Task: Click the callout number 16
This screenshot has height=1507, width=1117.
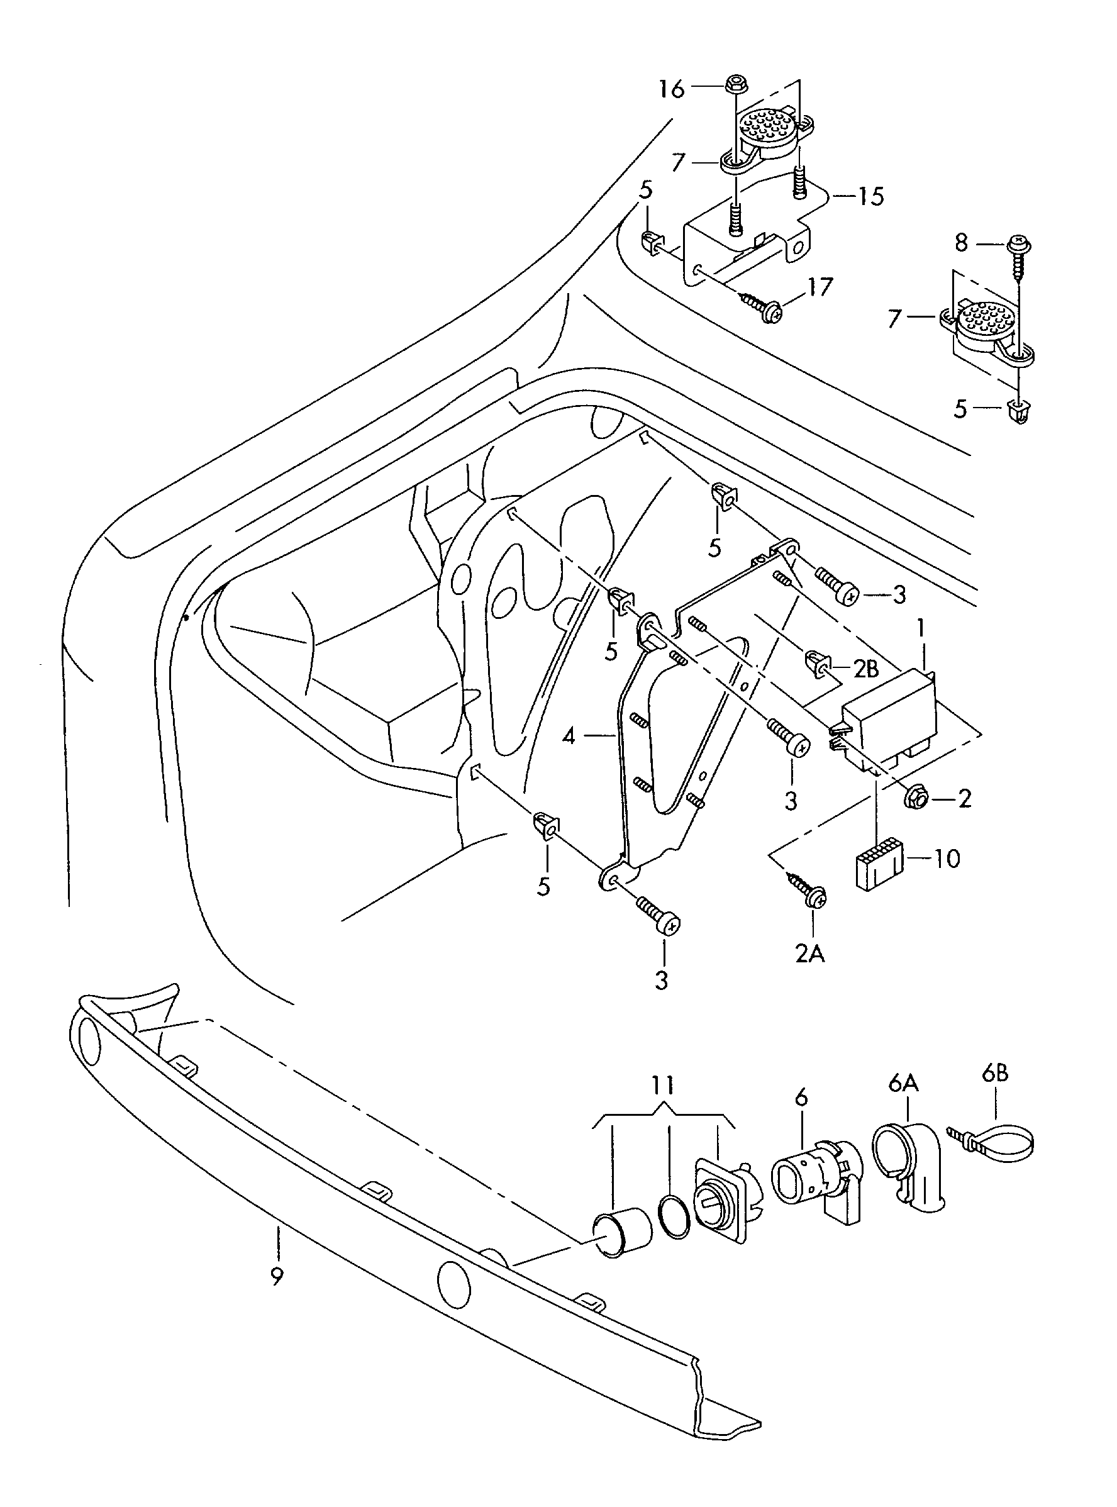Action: (672, 89)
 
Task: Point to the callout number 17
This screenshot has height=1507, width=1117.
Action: (820, 287)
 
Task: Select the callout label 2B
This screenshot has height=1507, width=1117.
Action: (866, 669)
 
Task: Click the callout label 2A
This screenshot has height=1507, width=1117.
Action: (809, 954)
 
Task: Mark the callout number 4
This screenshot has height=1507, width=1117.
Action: (569, 736)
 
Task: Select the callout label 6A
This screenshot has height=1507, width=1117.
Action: (903, 1084)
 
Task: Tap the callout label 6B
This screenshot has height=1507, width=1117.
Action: (994, 1073)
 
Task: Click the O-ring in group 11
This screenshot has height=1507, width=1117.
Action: (675, 1217)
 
